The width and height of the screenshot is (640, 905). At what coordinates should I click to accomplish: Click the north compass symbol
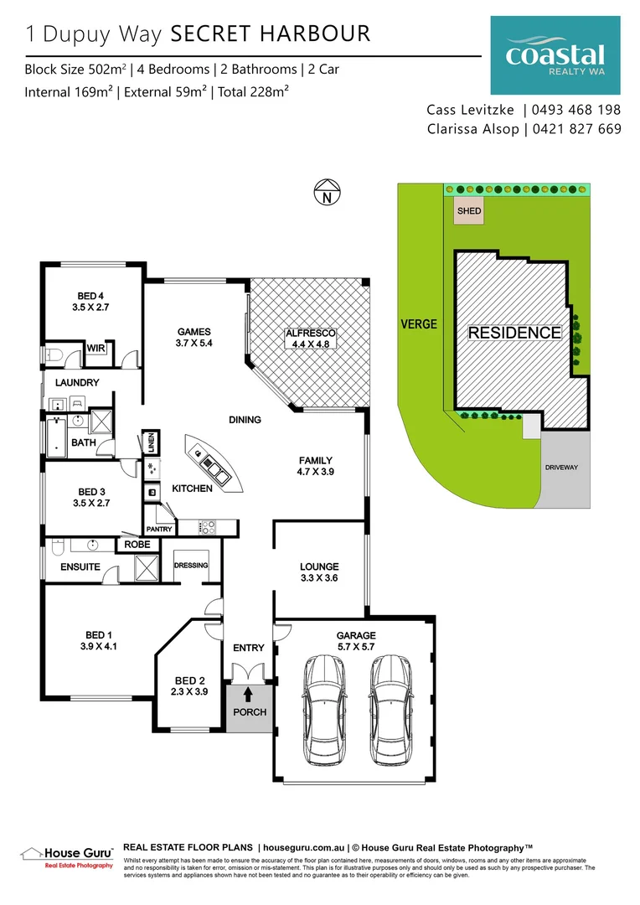328,194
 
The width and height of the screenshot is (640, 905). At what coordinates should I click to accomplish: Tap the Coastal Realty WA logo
555,56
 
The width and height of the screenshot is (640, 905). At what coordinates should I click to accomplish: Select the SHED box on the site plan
469,211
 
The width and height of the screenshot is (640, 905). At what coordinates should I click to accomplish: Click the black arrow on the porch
248,693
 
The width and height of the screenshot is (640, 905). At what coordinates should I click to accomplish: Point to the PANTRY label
158,529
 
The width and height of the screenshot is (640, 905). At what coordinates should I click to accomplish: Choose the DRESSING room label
190,566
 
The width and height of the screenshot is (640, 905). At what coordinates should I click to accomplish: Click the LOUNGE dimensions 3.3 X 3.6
318,578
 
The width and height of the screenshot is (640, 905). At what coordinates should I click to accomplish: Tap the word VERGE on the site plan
418,323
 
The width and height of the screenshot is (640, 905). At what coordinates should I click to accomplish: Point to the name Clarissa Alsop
472,129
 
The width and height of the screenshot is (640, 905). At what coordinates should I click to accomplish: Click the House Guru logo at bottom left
66,855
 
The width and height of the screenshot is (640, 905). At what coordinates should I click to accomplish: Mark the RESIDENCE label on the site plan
514,333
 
